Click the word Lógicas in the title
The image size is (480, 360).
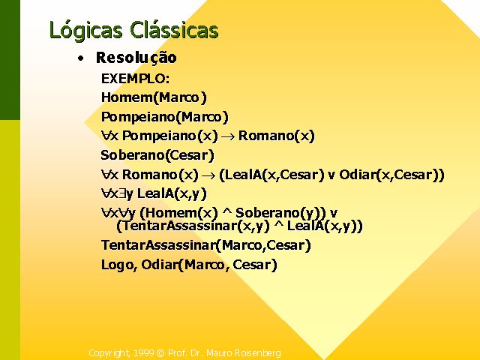(85, 31)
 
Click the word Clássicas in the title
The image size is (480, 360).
(174, 30)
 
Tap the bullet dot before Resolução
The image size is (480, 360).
(80, 58)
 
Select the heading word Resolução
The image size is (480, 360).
(136, 58)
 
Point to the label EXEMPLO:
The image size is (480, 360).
(135, 79)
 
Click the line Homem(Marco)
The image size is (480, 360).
(154, 97)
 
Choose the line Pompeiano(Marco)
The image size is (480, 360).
(165, 117)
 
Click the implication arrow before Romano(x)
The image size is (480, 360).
(228, 136)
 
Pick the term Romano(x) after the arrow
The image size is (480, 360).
(277, 136)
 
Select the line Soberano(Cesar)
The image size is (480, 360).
(157, 155)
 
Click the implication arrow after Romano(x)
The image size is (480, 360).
(208, 175)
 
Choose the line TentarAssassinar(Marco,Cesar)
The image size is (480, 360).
(206, 245)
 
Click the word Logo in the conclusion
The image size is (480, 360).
(117, 265)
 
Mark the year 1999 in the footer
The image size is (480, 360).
(143, 353)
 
